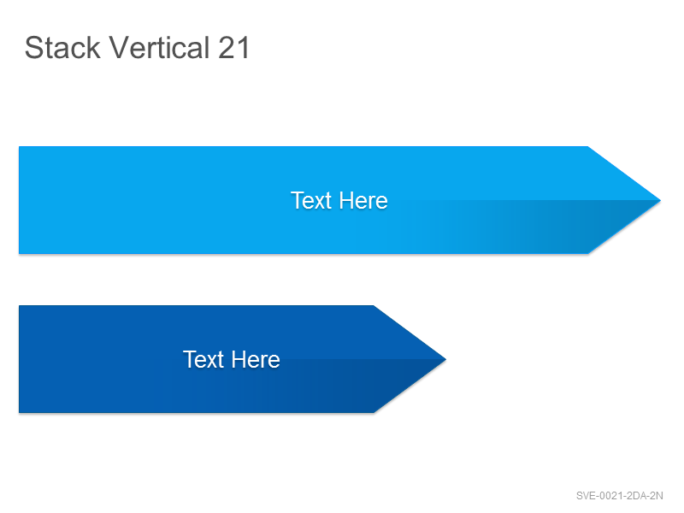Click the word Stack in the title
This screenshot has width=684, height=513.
[x=62, y=47]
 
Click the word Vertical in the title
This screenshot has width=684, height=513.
[x=159, y=47]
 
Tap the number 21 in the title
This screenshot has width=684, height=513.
[x=233, y=48]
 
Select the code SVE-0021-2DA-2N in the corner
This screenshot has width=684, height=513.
[x=619, y=496]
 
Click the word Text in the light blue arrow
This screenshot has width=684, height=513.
[x=311, y=201]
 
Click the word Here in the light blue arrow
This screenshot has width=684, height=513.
[x=363, y=201]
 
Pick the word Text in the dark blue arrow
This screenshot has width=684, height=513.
[x=203, y=359]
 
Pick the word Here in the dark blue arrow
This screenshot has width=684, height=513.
[x=256, y=359]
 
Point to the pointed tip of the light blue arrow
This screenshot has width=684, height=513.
[x=660, y=201]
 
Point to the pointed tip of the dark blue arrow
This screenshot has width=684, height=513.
[x=445, y=359]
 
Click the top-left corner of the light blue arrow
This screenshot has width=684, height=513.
[x=19, y=147]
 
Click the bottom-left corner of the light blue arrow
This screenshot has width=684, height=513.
[x=19, y=253]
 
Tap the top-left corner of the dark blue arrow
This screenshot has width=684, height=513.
[x=19, y=306]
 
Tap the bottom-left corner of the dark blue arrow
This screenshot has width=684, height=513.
[x=19, y=412]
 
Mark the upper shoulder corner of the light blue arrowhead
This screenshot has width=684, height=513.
[x=588, y=147]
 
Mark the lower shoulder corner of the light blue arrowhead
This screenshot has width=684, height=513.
[x=588, y=253]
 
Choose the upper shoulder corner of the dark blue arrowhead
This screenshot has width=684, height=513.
[x=374, y=306]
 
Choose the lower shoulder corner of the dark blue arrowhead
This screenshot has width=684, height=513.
[x=374, y=412]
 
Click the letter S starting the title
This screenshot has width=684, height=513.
[x=33, y=48]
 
